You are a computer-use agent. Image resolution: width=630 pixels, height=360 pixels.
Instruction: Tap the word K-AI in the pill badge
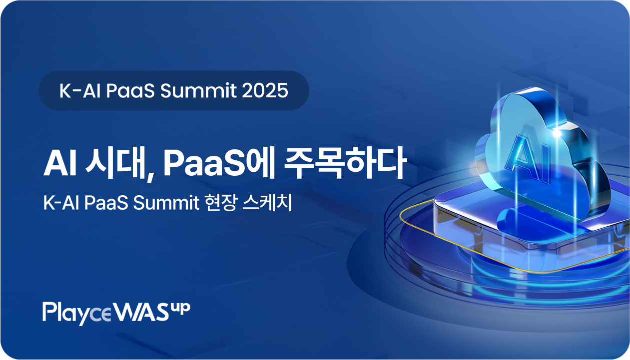pyautogui.click(x=80, y=90)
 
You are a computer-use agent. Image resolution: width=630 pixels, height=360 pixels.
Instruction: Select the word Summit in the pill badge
pyautogui.click(x=198, y=90)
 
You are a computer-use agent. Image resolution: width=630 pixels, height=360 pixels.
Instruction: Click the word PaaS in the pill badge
pyautogui.click(x=130, y=90)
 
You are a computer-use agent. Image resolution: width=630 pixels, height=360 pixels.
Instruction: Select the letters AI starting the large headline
pyautogui.click(x=60, y=164)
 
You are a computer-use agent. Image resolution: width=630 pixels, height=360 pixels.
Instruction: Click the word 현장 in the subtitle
pyautogui.click(x=221, y=202)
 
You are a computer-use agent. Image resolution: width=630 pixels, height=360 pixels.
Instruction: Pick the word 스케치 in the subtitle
pyautogui.click(x=267, y=202)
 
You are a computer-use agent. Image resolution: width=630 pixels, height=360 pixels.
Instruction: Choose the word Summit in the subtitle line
pyautogui.click(x=166, y=202)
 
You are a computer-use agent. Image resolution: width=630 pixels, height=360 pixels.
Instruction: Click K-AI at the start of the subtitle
pyautogui.click(x=61, y=202)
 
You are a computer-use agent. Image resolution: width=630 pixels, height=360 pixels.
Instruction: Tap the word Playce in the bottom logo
pyautogui.click(x=77, y=313)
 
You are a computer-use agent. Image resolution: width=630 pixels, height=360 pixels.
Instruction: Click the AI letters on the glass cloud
pyautogui.click(x=529, y=157)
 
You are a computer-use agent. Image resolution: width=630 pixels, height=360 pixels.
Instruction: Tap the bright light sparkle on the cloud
pyautogui.click(x=557, y=133)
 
